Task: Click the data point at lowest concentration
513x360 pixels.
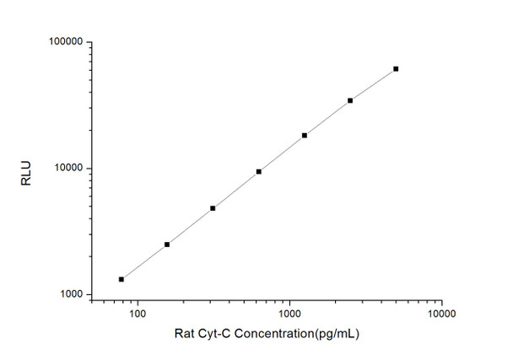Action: [x=121, y=279]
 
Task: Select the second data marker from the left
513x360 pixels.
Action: [x=167, y=244]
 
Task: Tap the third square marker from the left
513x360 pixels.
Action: [x=213, y=208]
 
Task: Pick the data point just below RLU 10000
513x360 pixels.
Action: [x=259, y=172]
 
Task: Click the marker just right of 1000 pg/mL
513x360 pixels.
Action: [x=305, y=135]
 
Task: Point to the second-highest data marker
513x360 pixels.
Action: [x=350, y=100]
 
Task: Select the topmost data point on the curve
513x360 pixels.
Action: [x=396, y=69]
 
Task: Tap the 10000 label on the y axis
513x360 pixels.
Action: [x=67, y=169]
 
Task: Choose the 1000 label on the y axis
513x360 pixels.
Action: [x=69, y=294]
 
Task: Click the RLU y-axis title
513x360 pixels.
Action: [x=26, y=168]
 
